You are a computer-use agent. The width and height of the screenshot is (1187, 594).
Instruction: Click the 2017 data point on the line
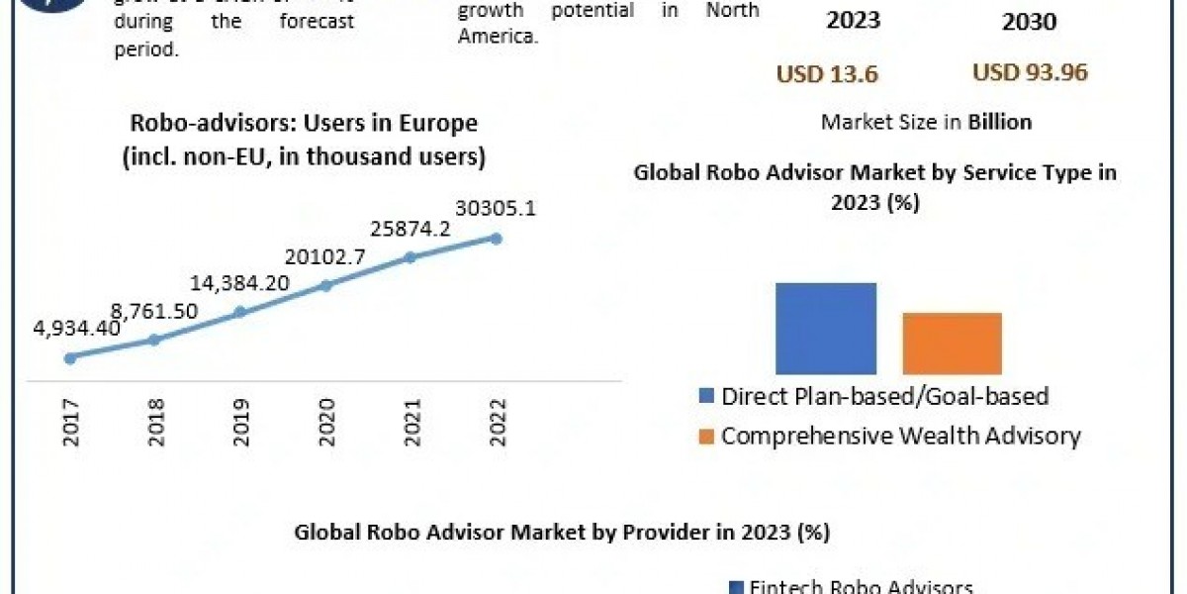pyautogui.click(x=69, y=357)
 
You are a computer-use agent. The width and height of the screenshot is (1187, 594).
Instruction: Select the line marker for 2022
pyautogui.click(x=496, y=238)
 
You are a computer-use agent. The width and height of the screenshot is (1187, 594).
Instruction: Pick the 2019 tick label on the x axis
pyautogui.click(x=240, y=423)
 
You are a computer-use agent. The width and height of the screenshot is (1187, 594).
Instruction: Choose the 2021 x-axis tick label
pyautogui.click(x=411, y=423)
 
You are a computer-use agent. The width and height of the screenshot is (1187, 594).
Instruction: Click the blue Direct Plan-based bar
pyautogui.click(x=826, y=328)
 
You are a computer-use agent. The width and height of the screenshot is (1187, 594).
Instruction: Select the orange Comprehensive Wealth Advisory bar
pyautogui.click(x=952, y=343)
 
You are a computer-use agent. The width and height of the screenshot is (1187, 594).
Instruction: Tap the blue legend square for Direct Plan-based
pyautogui.click(x=706, y=397)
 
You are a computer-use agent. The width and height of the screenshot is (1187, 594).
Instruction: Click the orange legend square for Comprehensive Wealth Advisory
pyautogui.click(x=706, y=437)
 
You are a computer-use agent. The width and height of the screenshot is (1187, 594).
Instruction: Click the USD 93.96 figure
pyautogui.click(x=1030, y=72)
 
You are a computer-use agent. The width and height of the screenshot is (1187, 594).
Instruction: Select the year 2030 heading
pyautogui.click(x=1029, y=22)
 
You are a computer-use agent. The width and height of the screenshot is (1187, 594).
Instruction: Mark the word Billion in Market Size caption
pyautogui.click(x=1000, y=122)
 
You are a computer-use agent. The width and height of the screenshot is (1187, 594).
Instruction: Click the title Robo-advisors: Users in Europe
pyautogui.click(x=304, y=124)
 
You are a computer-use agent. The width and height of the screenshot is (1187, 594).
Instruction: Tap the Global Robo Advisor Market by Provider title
pyautogui.click(x=561, y=532)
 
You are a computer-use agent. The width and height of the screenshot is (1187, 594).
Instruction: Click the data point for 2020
pyautogui.click(x=325, y=285)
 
